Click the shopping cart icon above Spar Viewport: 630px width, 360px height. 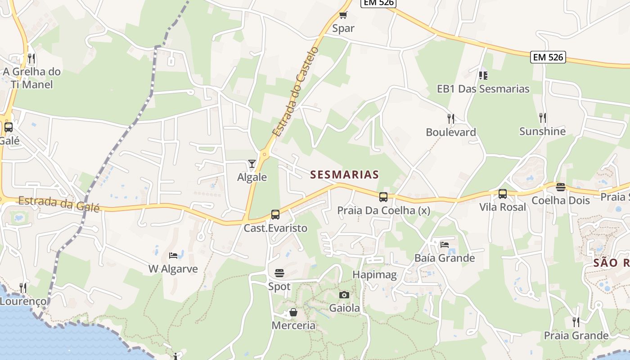pyautogui.click(x=343, y=15)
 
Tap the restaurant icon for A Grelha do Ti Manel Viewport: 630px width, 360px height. pyautogui.click(x=31, y=58)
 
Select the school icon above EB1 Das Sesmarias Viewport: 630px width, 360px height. pyautogui.click(x=483, y=75)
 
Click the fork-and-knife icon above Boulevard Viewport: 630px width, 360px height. pyautogui.click(x=451, y=118)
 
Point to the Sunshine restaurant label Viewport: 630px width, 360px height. pyautogui.click(x=542, y=131)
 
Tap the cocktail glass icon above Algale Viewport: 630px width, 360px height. pyautogui.click(x=252, y=164)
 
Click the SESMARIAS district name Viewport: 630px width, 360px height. pyautogui.click(x=345, y=175)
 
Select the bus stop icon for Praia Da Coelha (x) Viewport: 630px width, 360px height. pyautogui.click(x=383, y=197)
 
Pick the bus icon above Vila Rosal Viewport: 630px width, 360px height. pyautogui.click(x=503, y=194)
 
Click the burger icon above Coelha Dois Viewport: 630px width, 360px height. pyautogui.click(x=561, y=187)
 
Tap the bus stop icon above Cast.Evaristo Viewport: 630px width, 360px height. pyautogui.click(x=275, y=215)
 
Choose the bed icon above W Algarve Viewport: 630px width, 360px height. pyautogui.click(x=173, y=256)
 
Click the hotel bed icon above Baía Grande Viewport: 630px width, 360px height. pyautogui.click(x=445, y=244)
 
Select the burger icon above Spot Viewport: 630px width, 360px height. pyautogui.click(x=279, y=273)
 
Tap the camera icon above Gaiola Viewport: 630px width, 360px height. pyautogui.click(x=344, y=295)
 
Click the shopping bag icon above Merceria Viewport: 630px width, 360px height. pyautogui.click(x=293, y=312)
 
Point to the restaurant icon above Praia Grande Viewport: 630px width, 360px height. pyautogui.click(x=576, y=322)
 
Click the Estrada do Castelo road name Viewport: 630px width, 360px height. pyautogui.click(x=295, y=93)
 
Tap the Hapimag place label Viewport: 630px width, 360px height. pyautogui.click(x=374, y=275)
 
